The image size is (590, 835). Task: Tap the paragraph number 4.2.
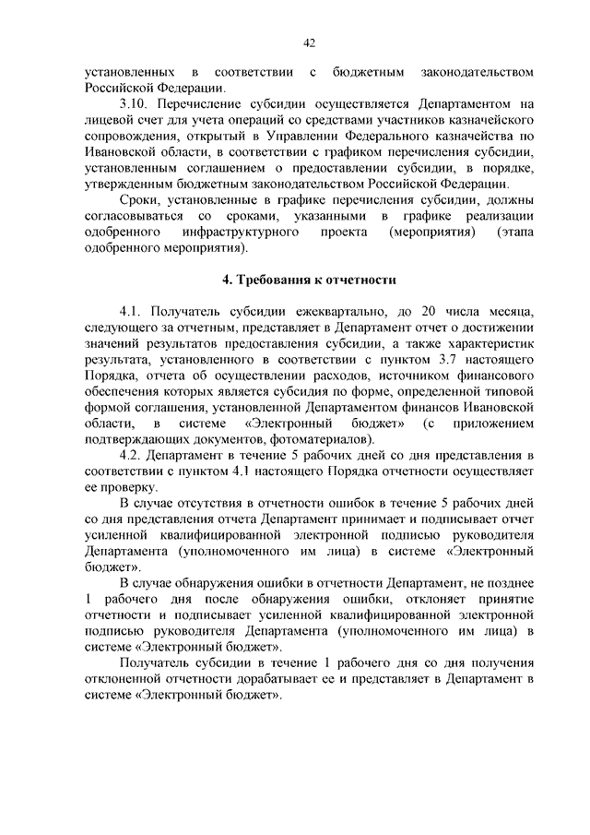pos(134,455)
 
